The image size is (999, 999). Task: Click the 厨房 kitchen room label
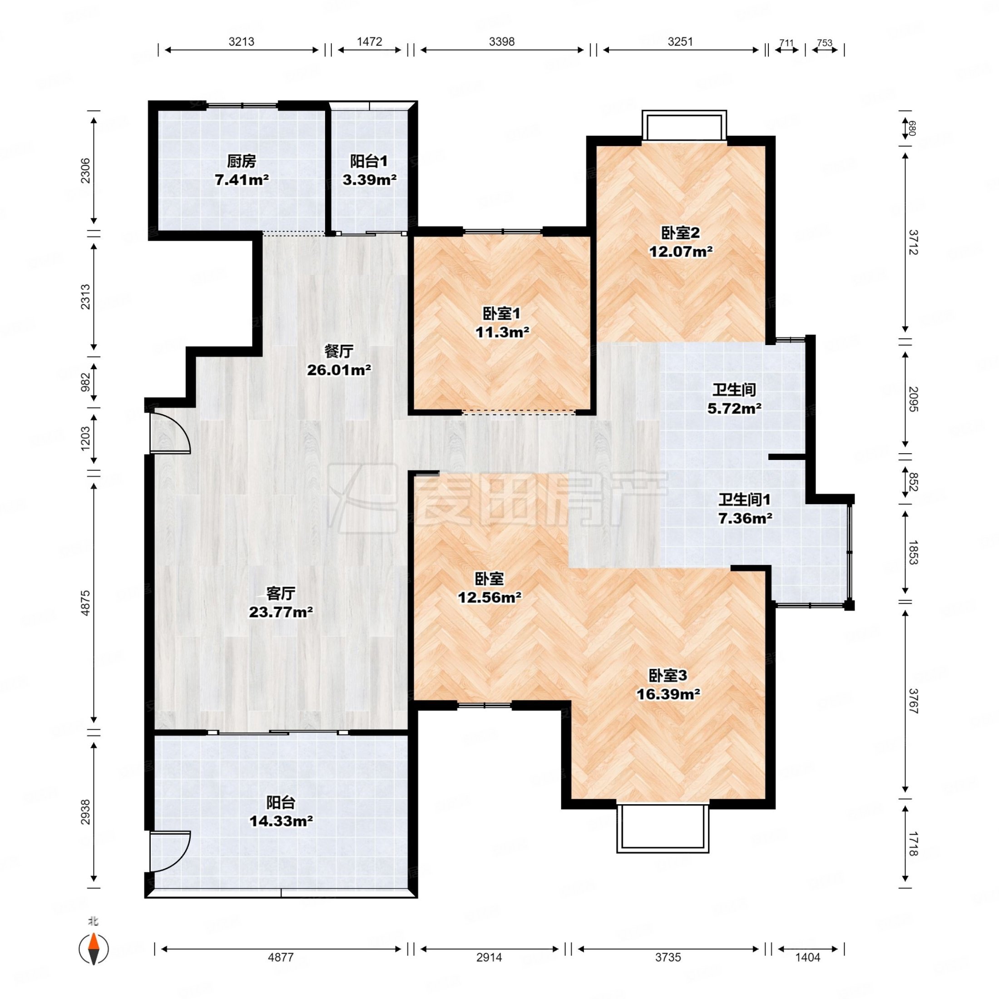tap(242, 161)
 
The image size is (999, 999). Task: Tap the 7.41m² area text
tap(242, 180)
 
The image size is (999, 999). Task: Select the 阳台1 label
tap(369, 161)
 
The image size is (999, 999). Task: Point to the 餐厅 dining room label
tap(339, 351)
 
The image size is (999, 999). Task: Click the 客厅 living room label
tap(281, 593)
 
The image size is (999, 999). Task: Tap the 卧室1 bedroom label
tap(502, 313)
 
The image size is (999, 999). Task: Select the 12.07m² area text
tap(681, 252)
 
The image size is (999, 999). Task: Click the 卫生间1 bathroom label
tap(745, 499)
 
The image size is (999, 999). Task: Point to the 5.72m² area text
tap(734, 409)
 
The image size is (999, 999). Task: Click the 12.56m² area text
tap(489, 597)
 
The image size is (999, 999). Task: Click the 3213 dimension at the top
tap(242, 41)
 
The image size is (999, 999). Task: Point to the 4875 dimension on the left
tap(85, 603)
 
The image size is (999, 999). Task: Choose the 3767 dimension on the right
tap(913, 701)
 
